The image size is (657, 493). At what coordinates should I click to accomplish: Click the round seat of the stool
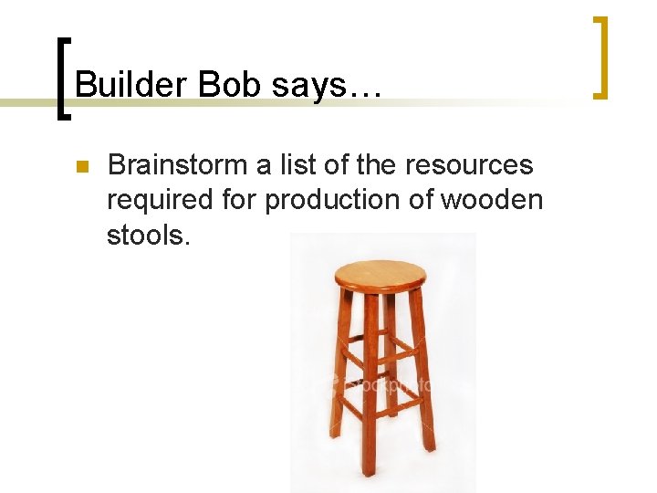[381, 273]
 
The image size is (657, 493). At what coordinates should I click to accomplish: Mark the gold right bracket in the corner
[600, 57]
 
